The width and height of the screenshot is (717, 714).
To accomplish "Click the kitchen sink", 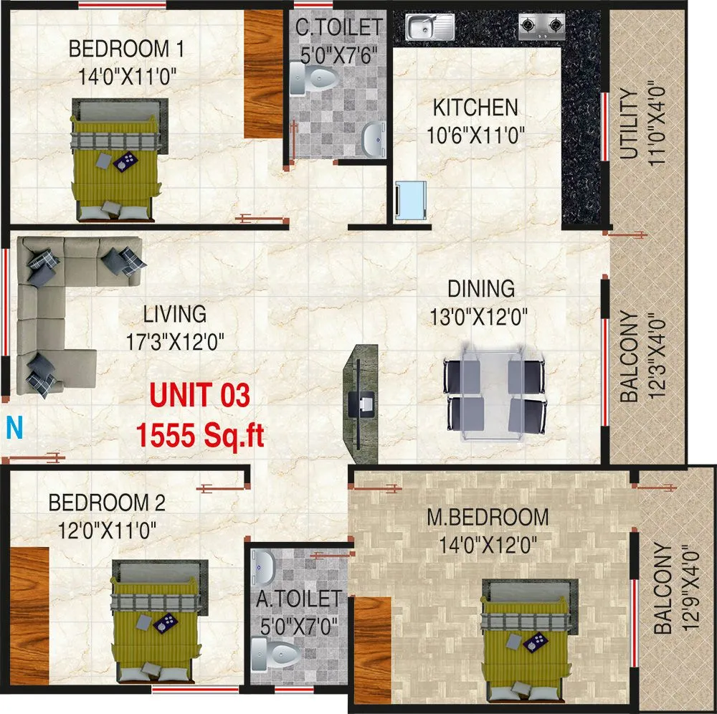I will (x=429, y=28).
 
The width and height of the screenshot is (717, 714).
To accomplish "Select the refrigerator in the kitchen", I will (x=411, y=199).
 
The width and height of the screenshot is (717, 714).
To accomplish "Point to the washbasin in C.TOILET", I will (x=371, y=139).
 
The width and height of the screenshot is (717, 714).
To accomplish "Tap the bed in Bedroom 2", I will (x=154, y=624).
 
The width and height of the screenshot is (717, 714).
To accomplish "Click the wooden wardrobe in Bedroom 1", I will (x=264, y=74).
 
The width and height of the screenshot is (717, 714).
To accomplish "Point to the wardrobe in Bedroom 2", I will (x=29, y=615).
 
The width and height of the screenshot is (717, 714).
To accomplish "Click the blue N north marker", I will (x=14, y=428).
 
